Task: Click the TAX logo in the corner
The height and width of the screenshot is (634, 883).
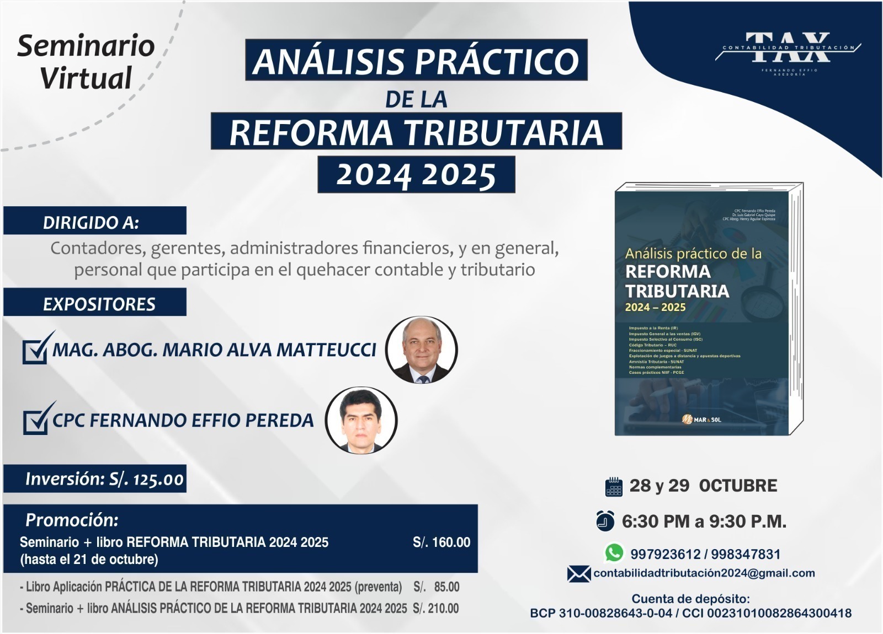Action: tap(788, 49)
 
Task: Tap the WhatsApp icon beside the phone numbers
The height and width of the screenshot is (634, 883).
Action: tap(614, 552)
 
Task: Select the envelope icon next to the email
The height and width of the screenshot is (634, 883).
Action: tap(578, 574)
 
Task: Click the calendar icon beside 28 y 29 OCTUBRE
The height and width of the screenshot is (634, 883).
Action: tap(614, 486)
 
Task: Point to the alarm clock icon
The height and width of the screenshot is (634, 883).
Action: tap(605, 520)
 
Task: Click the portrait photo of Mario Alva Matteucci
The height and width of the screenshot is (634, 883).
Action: tap(422, 350)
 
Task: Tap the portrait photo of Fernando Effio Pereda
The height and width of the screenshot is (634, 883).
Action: tap(361, 420)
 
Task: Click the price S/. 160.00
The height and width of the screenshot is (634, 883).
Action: tap(441, 542)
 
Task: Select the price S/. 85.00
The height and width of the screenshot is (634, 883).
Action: tap(437, 587)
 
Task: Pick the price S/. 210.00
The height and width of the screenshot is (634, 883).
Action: tap(435, 609)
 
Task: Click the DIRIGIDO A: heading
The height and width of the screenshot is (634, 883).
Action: tap(91, 223)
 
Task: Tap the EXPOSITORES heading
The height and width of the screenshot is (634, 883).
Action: tap(99, 304)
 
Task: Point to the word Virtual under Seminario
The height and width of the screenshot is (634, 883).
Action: tap(86, 78)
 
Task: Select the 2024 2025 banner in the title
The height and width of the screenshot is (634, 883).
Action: tap(416, 175)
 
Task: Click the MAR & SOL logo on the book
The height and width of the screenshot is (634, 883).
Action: tap(701, 420)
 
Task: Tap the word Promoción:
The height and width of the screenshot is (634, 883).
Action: tap(72, 520)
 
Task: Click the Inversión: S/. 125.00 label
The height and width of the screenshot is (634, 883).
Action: tap(104, 479)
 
